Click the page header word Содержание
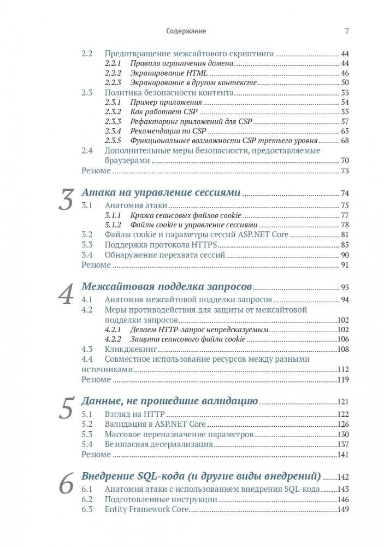point(186,31)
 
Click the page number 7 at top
point(346,31)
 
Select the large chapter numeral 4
point(66,295)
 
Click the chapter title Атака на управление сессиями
point(161,193)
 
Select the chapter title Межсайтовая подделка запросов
point(166,287)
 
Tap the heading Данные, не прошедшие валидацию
point(169,401)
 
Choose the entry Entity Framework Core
point(146,509)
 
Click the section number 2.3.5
point(113,140)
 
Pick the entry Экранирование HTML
point(158,73)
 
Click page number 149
point(343,509)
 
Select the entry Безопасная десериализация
point(155,444)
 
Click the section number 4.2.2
point(113,339)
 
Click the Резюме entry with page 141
point(96,454)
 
